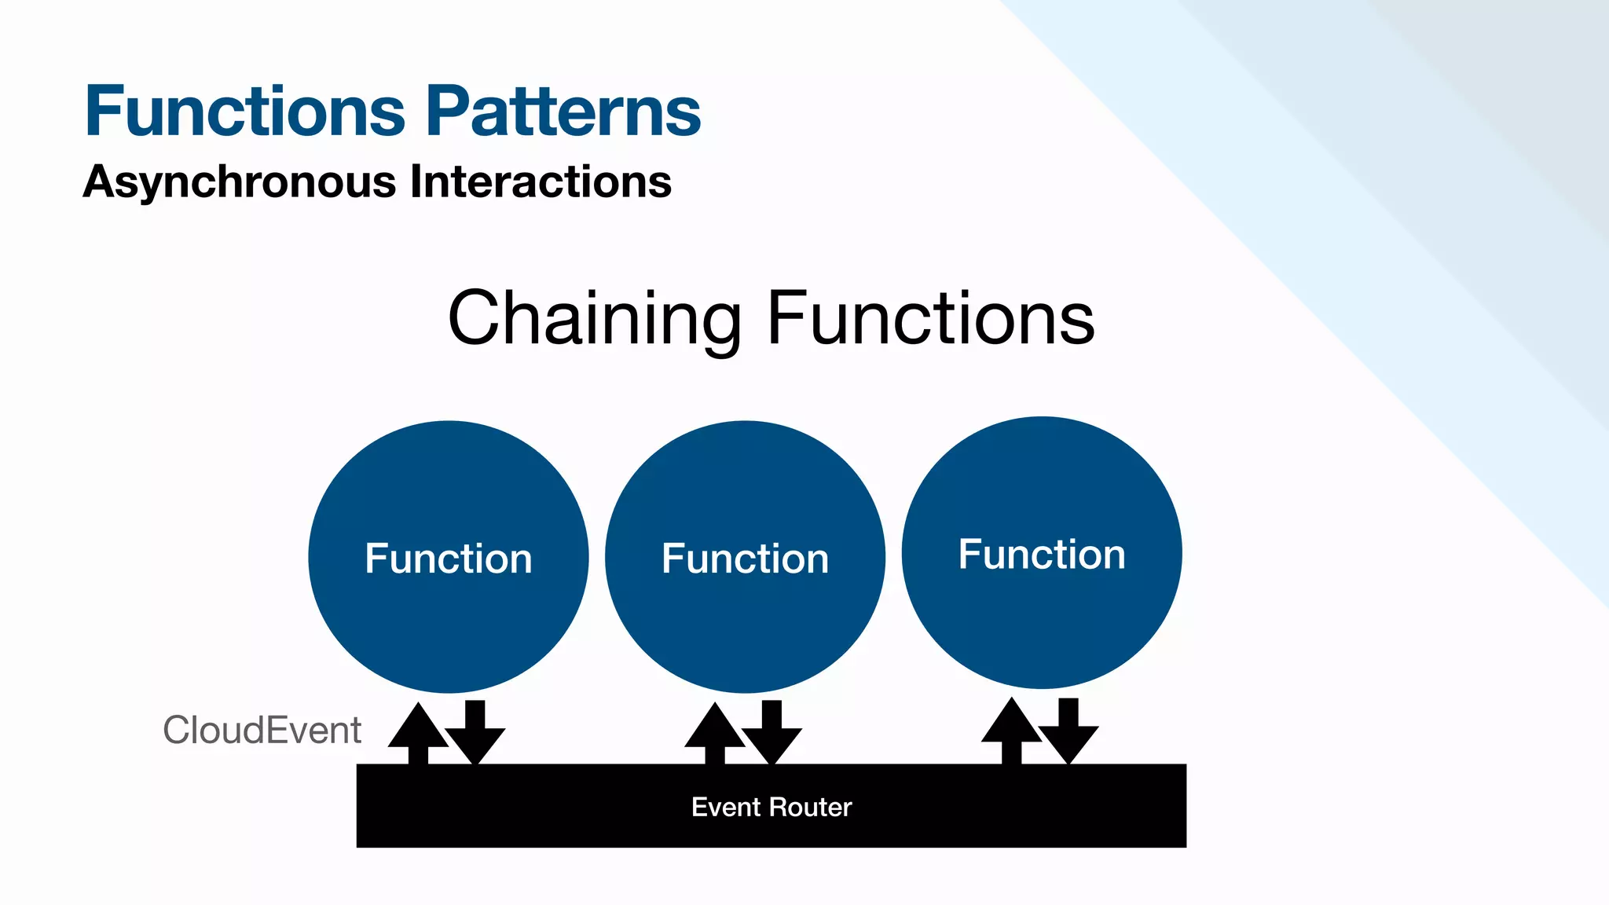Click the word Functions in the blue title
click(244, 112)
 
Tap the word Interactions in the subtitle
click(541, 181)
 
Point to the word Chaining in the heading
click(594, 318)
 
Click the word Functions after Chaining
click(930, 318)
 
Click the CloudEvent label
click(262, 731)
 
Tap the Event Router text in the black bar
click(771, 807)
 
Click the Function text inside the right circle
click(1042, 555)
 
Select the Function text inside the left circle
click(449, 559)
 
